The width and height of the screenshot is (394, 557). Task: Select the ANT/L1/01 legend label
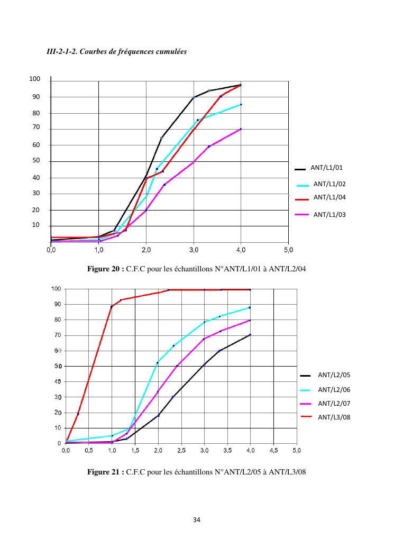(x=327, y=168)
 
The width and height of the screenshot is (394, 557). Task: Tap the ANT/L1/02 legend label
(x=329, y=184)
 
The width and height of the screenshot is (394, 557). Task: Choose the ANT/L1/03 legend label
(x=329, y=214)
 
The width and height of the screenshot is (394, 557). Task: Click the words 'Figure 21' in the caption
(x=105, y=472)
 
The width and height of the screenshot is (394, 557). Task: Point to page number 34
(x=197, y=520)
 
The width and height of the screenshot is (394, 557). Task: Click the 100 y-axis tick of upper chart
(x=35, y=79)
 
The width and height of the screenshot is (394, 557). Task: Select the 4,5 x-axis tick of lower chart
(x=273, y=450)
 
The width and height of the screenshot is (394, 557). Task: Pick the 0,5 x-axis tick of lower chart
(x=89, y=450)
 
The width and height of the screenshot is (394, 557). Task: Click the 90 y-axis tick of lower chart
(x=57, y=304)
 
